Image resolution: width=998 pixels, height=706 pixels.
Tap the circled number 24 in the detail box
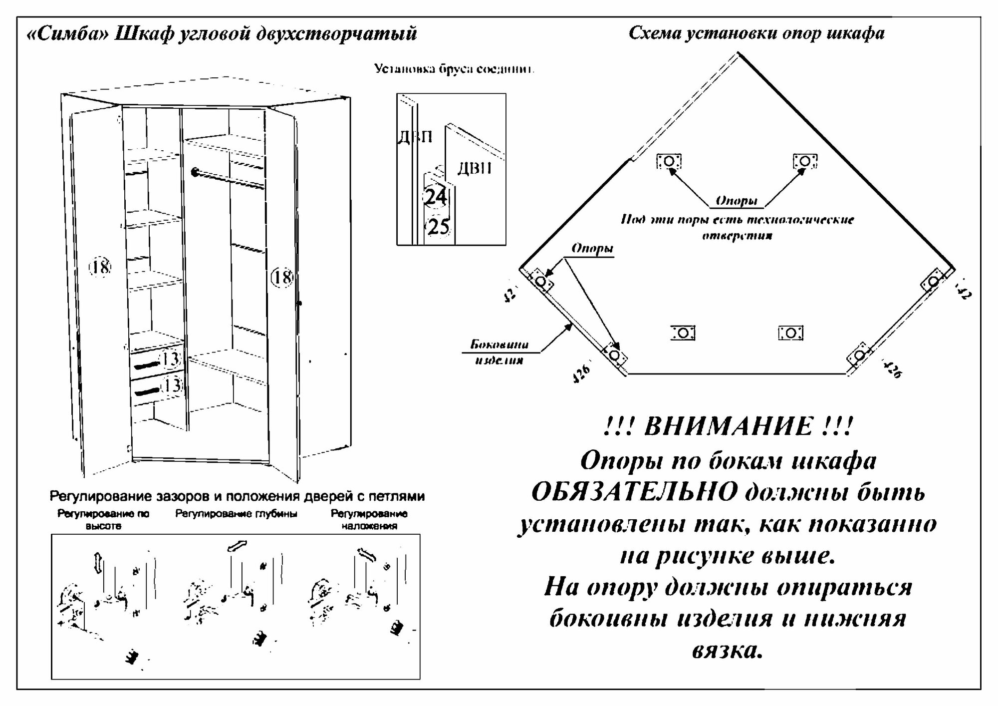point(435,196)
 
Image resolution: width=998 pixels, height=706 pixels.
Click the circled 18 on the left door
point(100,267)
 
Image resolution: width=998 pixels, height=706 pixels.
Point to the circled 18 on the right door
point(282,277)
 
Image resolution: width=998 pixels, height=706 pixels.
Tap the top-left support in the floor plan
point(669,161)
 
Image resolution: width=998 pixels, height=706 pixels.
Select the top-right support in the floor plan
point(804,161)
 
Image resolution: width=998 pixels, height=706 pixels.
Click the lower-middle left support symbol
point(683,333)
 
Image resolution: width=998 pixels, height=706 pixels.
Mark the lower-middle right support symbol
point(790,333)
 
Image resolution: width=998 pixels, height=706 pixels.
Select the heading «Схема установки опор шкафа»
point(756,33)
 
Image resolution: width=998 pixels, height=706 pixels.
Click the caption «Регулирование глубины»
point(236,514)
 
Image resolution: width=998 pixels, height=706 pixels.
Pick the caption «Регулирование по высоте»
point(103,519)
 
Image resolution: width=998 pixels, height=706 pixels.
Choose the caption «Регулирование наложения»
point(369,519)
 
